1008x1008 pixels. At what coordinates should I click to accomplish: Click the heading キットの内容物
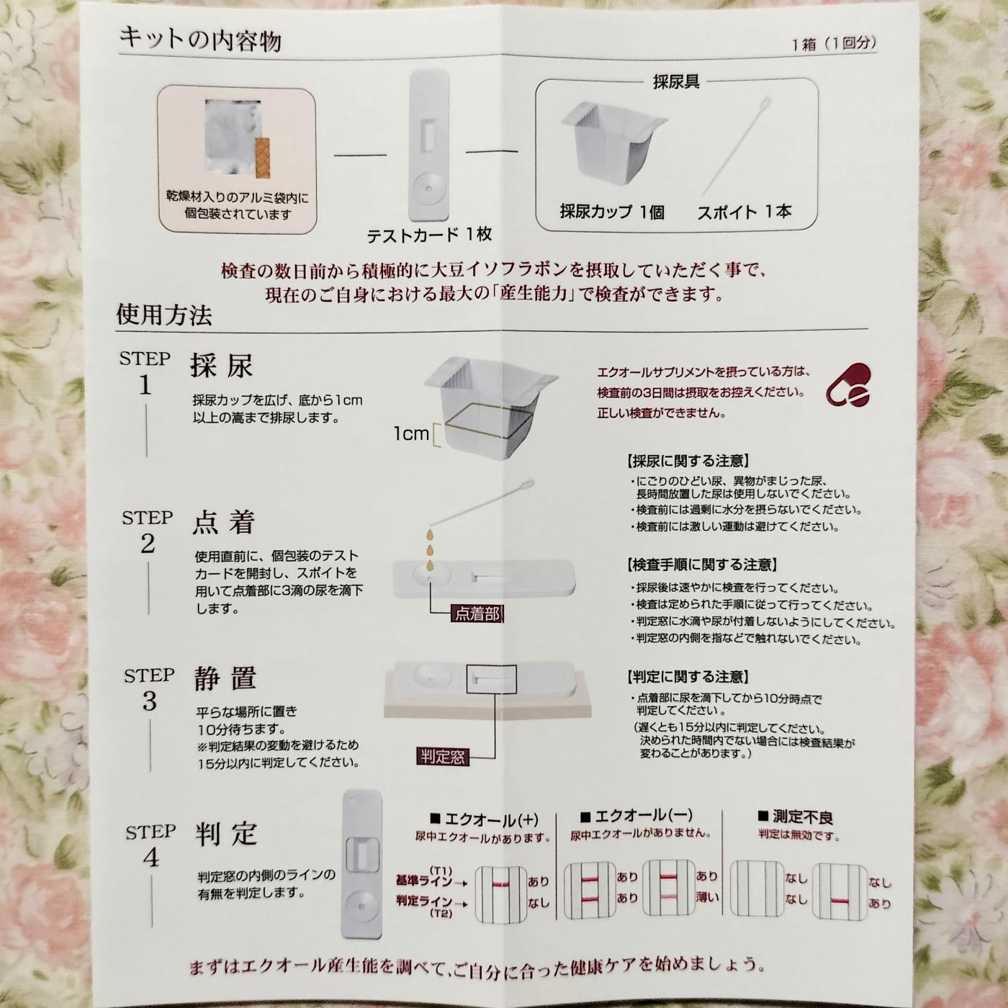(200, 40)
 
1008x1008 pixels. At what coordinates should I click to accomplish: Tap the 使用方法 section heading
(164, 315)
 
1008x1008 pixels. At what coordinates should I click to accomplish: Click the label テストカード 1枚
(429, 235)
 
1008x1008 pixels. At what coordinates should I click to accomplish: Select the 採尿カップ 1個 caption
(612, 212)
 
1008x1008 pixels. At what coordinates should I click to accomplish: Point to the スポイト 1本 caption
(744, 212)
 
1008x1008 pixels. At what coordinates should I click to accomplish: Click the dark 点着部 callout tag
(477, 613)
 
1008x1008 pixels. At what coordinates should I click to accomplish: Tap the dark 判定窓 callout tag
(443, 757)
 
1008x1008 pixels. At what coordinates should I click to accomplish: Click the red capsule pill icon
(848, 385)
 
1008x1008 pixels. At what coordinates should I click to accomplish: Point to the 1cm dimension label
(411, 433)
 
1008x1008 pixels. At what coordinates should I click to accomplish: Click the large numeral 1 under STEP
(145, 386)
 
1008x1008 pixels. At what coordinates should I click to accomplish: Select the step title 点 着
(224, 522)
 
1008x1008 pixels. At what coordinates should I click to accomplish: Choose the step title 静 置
(225, 678)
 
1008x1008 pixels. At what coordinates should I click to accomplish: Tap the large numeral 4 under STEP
(150, 858)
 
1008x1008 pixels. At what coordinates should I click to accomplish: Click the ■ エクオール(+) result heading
(484, 819)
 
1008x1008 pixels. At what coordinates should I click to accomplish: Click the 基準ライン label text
(424, 881)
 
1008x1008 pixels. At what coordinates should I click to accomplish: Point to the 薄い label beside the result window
(707, 897)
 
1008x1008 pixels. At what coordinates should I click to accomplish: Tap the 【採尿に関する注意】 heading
(688, 461)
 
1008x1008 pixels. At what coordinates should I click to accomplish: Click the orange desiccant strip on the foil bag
(263, 157)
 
